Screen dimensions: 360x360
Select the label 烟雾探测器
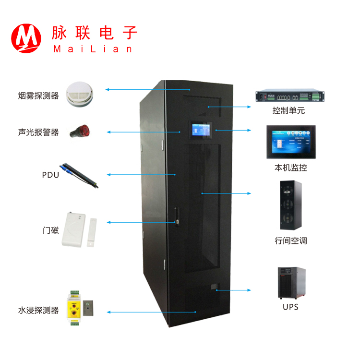coord(38,96)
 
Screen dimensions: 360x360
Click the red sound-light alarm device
coord(80,131)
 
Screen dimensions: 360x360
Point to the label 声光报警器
coord(38,132)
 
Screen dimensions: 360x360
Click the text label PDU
coord(50,175)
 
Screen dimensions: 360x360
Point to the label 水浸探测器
coord(38,310)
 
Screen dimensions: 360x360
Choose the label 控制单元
coord(288,111)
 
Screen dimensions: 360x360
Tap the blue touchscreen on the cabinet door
coord(202,131)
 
